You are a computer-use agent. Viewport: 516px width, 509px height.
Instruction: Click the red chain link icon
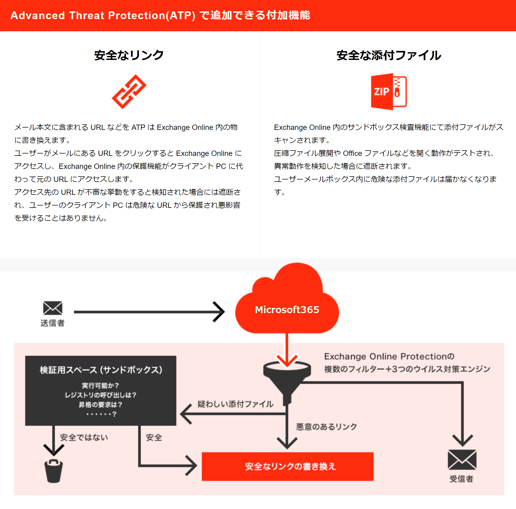(x=129, y=92)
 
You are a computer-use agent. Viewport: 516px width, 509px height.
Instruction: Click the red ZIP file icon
(x=389, y=92)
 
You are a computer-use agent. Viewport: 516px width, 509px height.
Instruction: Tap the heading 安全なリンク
(x=129, y=55)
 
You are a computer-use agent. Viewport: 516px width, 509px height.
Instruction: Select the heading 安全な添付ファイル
(x=389, y=55)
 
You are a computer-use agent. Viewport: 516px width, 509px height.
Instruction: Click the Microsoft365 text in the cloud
(x=287, y=310)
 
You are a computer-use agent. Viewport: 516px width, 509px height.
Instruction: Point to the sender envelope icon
(x=53, y=308)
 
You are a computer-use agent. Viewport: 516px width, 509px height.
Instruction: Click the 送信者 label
(x=52, y=323)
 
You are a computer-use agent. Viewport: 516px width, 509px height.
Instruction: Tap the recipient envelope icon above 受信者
(x=462, y=460)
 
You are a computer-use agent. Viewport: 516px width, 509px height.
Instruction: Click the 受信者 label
(x=461, y=479)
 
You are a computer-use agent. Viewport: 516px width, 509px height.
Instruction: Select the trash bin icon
(x=53, y=471)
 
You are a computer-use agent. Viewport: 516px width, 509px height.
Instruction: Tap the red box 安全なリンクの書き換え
(x=287, y=466)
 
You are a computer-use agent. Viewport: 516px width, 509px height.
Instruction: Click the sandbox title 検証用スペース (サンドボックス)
(x=101, y=370)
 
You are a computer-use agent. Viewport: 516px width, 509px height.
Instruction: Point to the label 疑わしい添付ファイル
(x=235, y=404)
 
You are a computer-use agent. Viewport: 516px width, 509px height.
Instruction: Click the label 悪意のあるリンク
(x=326, y=427)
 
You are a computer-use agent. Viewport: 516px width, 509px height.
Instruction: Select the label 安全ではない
(x=84, y=437)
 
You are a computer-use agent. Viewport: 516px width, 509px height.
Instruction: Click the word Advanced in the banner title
(x=38, y=15)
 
